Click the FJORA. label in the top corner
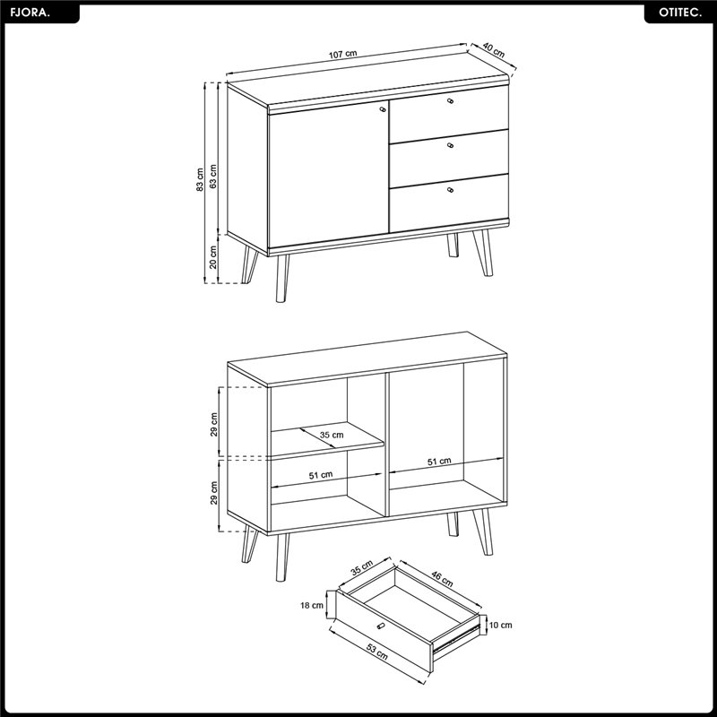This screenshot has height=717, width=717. coord(30,13)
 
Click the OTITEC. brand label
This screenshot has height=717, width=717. coord(680,13)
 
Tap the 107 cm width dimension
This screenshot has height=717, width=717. coord(343,54)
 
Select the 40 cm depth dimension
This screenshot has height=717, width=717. coord(494,50)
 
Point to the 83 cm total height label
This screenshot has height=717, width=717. coord(200,180)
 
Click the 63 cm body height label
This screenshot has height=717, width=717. coord(213,176)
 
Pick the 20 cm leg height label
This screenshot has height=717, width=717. coord(213,257)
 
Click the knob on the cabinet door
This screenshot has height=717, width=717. coord(383,109)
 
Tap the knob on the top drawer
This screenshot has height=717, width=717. coord(451,101)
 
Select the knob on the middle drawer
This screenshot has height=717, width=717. coord(451,145)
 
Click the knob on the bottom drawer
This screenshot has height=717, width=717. coord(451,190)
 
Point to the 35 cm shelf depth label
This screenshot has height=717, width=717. coord(332,435)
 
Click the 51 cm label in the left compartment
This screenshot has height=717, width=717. coord(321,475)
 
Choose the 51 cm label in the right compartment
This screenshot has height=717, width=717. coord(439,462)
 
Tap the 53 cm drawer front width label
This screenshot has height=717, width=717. coord(377,652)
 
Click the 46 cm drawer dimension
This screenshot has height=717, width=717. coord(442,579)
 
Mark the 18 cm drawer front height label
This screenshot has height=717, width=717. coord(312,606)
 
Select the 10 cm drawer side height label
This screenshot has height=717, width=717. coord(501,625)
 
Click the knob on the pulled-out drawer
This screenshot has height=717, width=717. coord(380,626)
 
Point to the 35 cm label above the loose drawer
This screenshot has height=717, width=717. coord(362,567)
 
